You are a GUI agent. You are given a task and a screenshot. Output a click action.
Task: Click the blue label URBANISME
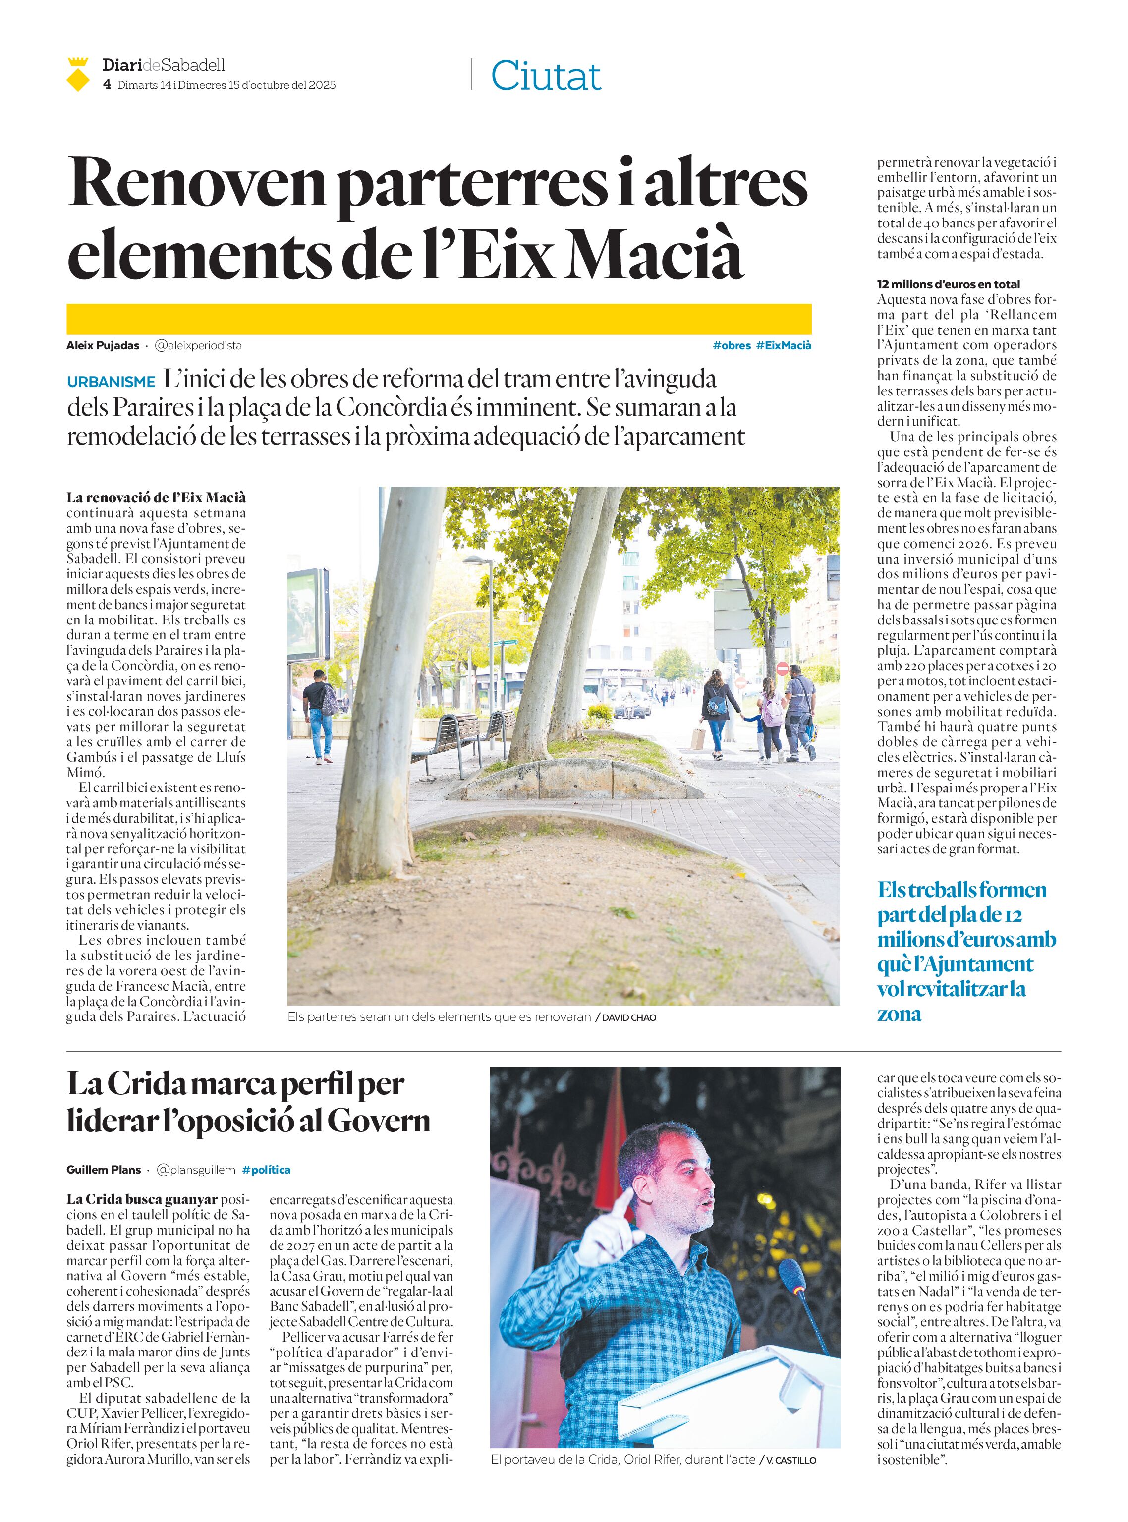pyautogui.click(x=112, y=383)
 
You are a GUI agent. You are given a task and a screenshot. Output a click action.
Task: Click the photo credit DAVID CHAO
pyautogui.click(x=629, y=1017)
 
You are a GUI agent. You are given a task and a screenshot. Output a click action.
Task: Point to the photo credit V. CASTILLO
pyautogui.click(x=790, y=1460)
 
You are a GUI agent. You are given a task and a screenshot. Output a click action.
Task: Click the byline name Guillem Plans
pyautogui.click(x=103, y=1170)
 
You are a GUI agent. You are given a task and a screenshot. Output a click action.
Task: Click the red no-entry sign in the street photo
pyautogui.click(x=783, y=668)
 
